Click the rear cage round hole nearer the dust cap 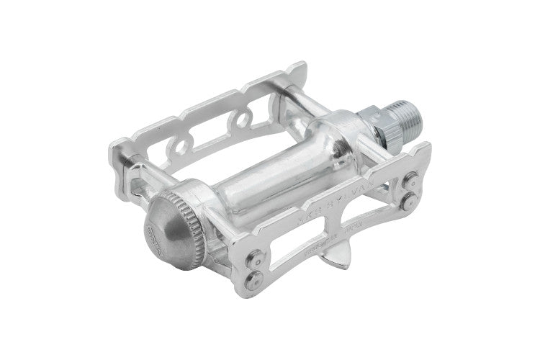(177, 148)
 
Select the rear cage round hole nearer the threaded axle (249, 112)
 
